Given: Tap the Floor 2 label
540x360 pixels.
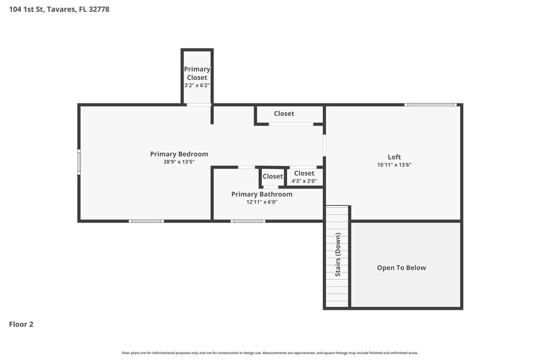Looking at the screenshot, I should point(21,324).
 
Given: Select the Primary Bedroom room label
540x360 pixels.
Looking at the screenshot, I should point(179,154).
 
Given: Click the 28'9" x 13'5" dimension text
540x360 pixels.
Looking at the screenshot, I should point(179,161).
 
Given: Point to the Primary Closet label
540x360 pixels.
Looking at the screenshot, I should point(197,73).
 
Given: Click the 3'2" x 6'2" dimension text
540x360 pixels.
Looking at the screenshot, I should point(197,85).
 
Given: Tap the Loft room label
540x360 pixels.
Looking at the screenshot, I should point(394,157).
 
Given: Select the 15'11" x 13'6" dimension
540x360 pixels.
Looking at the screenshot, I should point(394,165).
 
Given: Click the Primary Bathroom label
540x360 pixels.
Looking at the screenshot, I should point(262,194).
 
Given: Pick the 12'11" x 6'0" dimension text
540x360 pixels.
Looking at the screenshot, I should point(262,202).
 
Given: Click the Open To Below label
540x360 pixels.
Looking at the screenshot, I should point(401,268).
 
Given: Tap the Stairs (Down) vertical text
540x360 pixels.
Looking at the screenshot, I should point(338,255).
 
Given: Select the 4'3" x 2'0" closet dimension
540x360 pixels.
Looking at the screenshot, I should point(304,181).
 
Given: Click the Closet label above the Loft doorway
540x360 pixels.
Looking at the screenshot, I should point(284,113).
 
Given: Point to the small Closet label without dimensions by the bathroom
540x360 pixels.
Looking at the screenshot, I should point(273,176).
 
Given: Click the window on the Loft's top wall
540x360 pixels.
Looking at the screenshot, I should point(431,105).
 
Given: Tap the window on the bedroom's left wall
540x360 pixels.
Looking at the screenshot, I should point(79,162).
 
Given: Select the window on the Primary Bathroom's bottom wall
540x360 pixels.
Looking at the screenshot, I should point(248,221).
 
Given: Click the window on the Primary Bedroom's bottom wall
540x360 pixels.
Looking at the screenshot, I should point(146,221).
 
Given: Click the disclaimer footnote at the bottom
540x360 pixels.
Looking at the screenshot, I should point(270,353).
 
